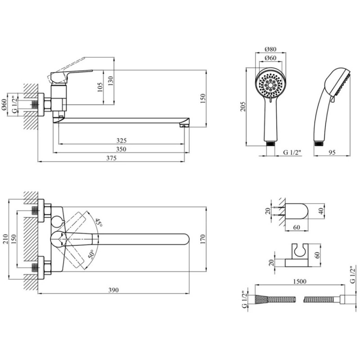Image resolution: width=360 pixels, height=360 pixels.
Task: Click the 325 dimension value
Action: point(121,140)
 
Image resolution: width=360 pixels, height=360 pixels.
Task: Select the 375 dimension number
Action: point(111,158)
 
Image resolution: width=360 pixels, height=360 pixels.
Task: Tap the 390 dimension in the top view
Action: point(114,290)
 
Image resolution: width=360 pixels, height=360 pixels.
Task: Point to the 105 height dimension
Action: point(100,87)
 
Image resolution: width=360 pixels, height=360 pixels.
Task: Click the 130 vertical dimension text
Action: point(111,81)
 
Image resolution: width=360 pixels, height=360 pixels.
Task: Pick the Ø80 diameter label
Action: point(270,49)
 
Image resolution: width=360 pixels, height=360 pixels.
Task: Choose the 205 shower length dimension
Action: point(243,107)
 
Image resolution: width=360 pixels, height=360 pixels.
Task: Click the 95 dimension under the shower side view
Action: point(332,152)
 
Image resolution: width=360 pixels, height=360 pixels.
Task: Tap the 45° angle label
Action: point(99,223)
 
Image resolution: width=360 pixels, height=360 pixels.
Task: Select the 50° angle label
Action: point(91,254)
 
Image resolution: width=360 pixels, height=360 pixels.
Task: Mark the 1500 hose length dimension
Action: point(300,281)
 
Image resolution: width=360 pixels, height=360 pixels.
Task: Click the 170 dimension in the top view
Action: point(203,239)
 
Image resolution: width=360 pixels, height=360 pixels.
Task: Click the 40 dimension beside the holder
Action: point(322,211)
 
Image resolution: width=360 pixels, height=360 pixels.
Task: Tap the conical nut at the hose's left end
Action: point(261,299)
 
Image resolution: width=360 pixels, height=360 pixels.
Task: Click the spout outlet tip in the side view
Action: point(184,126)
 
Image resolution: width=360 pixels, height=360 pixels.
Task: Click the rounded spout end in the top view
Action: point(186,239)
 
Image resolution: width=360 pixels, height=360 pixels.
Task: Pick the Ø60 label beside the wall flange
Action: point(4,104)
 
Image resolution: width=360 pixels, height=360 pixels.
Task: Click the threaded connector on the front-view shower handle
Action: point(271,144)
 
